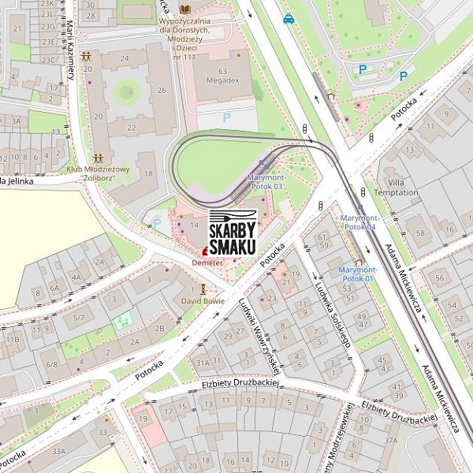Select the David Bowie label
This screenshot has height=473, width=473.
(x=203, y=300)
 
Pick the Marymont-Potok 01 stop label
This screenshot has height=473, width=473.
(x=358, y=274)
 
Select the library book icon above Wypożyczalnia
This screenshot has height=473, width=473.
(x=185, y=9)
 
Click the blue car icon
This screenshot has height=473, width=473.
(x=289, y=18)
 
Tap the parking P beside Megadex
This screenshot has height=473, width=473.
(x=227, y=117)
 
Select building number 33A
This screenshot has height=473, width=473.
(x=58, y=451)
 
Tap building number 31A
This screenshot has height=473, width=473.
(x=203, y=362)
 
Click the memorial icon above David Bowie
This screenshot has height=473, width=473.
(x=203, y=289)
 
